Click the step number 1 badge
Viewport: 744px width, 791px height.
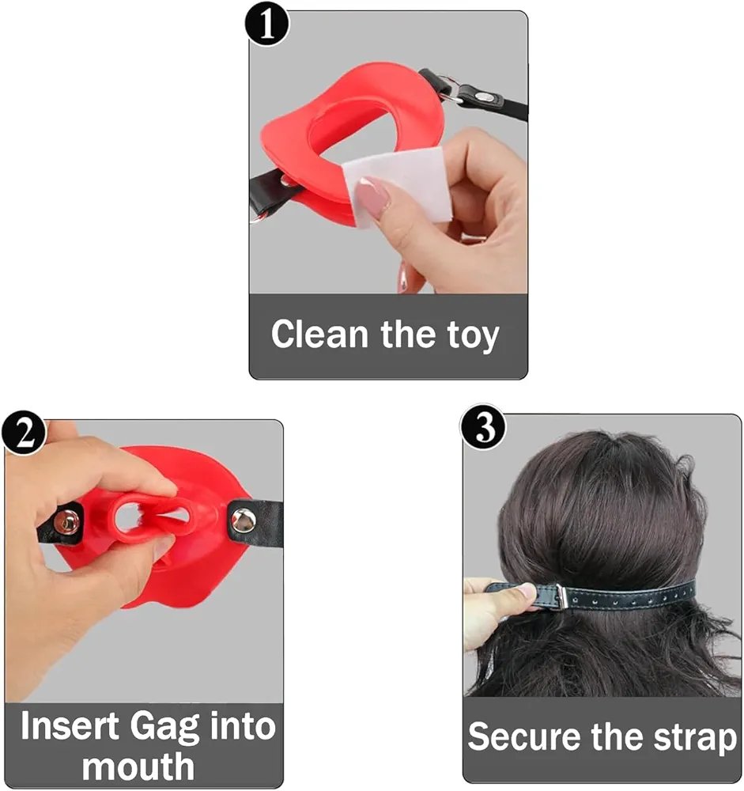pos(266,25)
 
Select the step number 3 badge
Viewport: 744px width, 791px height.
pos(483,428)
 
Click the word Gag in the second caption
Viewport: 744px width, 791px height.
pos(164,728)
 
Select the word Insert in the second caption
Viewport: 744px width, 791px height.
pos(70,725)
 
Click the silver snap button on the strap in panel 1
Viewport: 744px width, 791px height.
pos(485,95)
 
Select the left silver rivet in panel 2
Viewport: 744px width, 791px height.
pos(66,521)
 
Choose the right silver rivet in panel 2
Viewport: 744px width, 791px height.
pos(243,520)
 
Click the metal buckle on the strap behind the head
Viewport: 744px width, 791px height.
pos(561,596)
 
